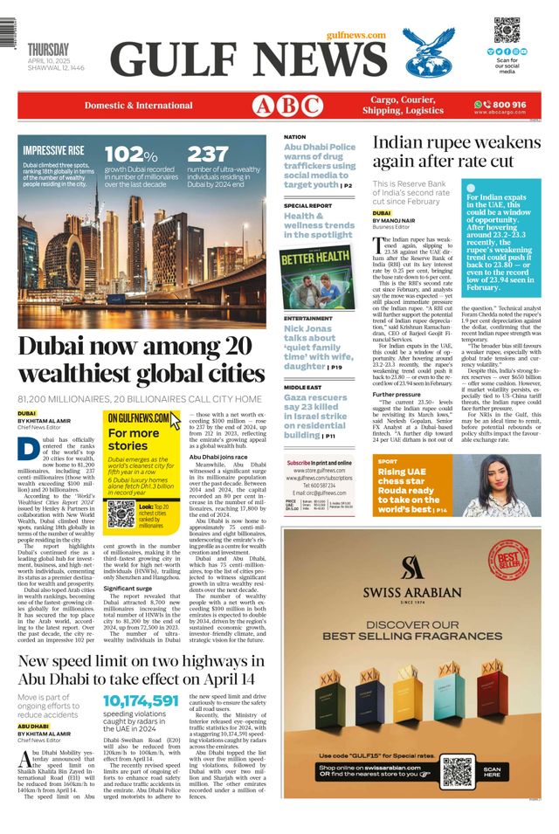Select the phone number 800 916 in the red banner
pyautogui.click(x=506, y=105)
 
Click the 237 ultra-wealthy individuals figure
pyautogui.click(x=208, y=155)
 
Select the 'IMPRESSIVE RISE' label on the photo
pyautogui.click(x=53, y=150)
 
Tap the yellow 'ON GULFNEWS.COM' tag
pyautogui.click(x=138, y=418)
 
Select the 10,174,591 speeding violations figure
pyautogui.click(x=140, y=700)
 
